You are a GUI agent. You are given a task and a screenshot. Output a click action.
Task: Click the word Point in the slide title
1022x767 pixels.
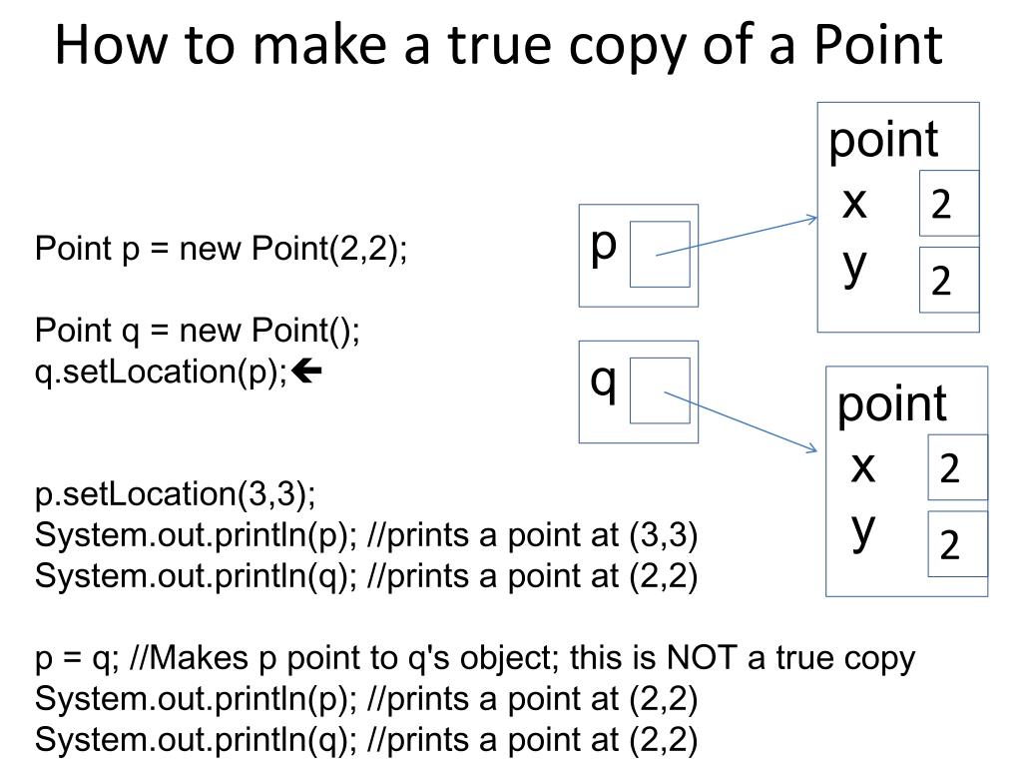[878, 46]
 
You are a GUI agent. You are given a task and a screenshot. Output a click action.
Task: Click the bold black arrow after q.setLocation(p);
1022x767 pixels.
[309, 373]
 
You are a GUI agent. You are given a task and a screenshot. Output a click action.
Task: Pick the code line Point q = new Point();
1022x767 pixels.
[198, 330]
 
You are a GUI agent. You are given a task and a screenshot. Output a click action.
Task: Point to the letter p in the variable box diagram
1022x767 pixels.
[604, 245]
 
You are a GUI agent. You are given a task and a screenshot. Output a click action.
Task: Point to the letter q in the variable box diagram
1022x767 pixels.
[604, 382]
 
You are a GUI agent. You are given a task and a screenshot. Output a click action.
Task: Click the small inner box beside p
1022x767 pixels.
[660, 255]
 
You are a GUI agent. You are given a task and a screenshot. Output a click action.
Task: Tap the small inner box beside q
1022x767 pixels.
[660, 390]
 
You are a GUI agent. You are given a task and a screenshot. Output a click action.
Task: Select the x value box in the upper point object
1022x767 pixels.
[948, 204]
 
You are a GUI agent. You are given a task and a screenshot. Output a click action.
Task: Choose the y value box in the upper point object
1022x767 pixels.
[948, 280]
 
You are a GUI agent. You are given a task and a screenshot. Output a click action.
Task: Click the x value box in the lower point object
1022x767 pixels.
[956, 467]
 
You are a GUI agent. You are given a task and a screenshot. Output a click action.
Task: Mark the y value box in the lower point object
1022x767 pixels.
[956, 544]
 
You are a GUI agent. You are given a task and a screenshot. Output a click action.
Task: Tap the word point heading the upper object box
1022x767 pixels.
[883, 140]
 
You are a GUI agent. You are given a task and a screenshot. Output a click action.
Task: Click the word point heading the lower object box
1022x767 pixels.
[891, 404]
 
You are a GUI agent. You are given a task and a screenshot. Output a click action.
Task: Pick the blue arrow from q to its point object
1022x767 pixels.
[741, 421]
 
